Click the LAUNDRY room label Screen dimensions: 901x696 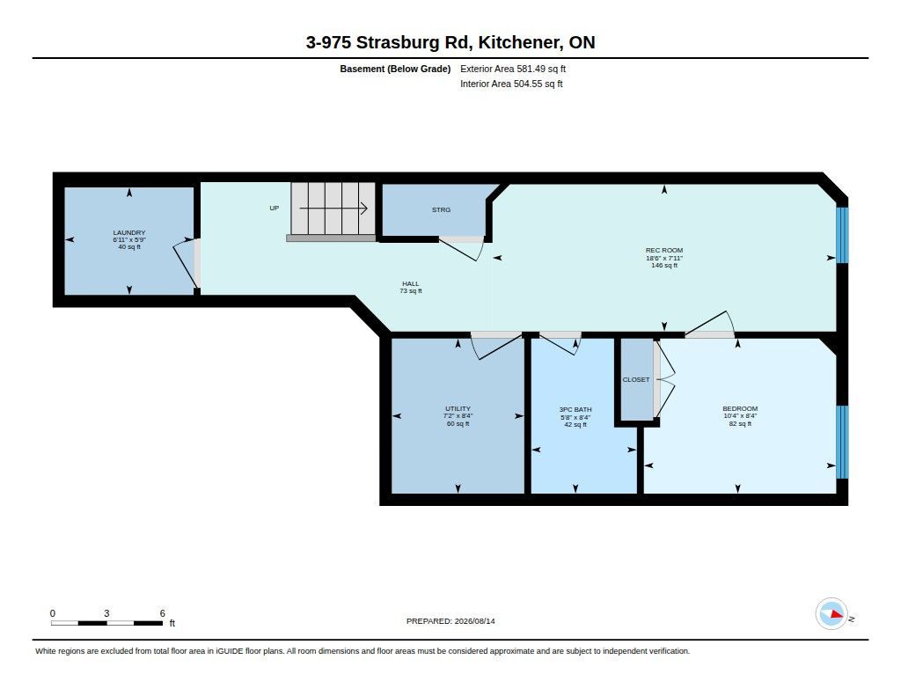click(129, 233)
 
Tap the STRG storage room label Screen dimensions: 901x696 click(442, 209)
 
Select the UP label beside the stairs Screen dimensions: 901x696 click(275, 208)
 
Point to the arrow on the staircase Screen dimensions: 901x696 click(333, 208)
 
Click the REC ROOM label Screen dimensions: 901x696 click(664, 250)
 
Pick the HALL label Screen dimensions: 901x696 click(411, 283)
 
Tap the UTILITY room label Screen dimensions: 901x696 click(458, 408)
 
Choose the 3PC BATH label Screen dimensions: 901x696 click(575, 410)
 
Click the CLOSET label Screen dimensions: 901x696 click(636, 379)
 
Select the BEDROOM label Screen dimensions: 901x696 click(740, 408)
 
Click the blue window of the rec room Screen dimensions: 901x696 click(842, 234)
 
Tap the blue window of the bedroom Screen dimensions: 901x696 click(842, 442)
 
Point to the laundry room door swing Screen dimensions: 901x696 click(184, 264)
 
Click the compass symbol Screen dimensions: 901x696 click(832, 614)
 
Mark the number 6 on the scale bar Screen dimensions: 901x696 click(163, 613)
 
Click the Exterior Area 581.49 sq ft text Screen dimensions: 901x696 click(513, 69)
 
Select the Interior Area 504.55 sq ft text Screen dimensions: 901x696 click(511, 84)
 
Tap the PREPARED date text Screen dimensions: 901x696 click(450, 621)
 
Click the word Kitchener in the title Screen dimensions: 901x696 click(520, 42)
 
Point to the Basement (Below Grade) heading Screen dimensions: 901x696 click(395, 69)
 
